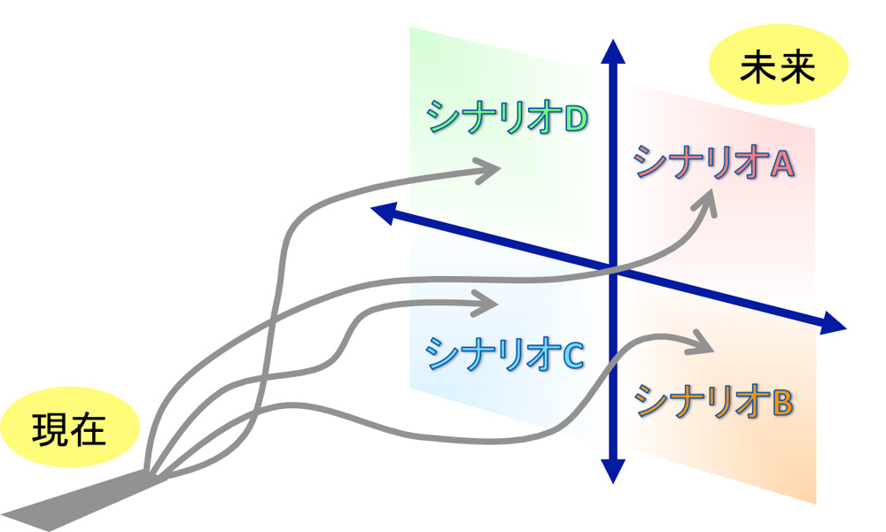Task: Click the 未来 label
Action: click(x=778, y=67)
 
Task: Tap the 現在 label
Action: click(x=69, y=430)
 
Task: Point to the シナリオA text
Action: click(x=714, y=162)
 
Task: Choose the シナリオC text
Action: click(x=505, y=354)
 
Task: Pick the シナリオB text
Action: click(x=714, y=401)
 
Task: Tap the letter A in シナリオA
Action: click(x=783, y=163)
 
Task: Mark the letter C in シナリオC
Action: click(x=573, y=355)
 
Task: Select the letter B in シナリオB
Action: click(x=783, y=402)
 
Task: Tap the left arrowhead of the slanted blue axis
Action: click(x=382, y=213)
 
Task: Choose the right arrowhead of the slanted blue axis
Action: click(x=833, y=324)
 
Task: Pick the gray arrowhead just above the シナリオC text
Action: click(x=484, y=304)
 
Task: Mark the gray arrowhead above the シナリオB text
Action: click(x=701, y=343)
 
